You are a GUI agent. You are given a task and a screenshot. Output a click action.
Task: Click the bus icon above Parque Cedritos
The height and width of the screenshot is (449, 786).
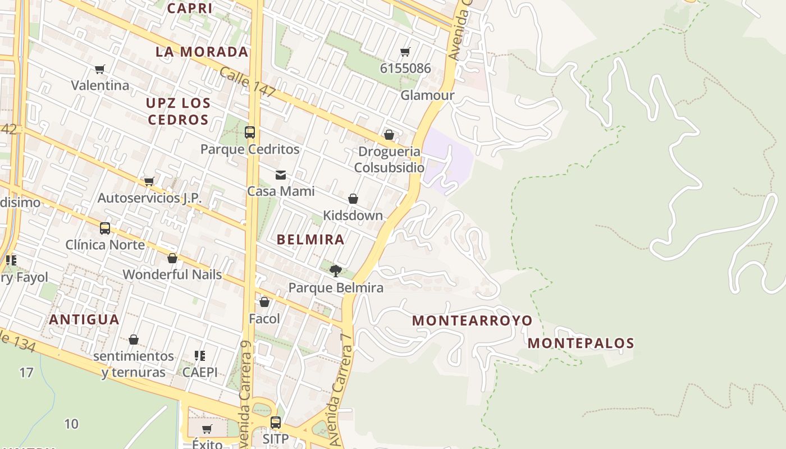pos(250,132)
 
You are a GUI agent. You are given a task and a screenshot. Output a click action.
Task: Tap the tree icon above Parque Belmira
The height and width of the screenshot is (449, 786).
pos(336,271)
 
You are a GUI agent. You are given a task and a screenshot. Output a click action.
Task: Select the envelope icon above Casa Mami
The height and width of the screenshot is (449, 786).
pos(281,175)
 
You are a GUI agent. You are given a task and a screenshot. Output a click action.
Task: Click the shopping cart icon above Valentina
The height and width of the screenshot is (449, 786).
pos(100,69)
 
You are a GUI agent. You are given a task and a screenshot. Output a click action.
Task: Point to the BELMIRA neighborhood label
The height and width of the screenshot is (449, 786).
pos(310,240)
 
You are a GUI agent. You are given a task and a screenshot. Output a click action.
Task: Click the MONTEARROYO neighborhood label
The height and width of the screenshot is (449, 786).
pos(472,320)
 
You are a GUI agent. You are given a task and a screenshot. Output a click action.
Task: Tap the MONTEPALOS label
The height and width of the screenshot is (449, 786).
pos(581,343)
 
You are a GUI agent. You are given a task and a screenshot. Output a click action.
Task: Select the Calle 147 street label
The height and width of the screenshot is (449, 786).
pos(248,82)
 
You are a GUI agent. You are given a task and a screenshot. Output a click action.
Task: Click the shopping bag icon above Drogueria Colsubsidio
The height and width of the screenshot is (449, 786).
pos(389,135)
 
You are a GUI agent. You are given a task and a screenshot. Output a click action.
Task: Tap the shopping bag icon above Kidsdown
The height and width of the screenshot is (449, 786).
pos(353,199)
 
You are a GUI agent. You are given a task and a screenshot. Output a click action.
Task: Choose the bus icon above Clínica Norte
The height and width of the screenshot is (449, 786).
pos(105,228)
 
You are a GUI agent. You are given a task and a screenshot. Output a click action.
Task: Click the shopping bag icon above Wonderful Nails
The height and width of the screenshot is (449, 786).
pos(172,258)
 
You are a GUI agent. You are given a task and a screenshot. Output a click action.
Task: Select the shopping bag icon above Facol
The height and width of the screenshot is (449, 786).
pos(264,302)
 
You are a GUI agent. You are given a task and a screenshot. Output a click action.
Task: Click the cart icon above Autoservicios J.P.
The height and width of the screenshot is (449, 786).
pos(149,181)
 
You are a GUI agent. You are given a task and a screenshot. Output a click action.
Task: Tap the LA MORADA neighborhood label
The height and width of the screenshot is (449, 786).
pos(202,52)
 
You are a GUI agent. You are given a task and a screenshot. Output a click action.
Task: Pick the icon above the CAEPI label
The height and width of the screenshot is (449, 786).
pos(199,356)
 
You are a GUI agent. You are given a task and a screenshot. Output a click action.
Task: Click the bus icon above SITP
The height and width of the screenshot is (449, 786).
pos(275,423)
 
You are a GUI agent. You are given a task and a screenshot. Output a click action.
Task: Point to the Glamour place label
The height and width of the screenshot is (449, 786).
pos(427,95)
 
